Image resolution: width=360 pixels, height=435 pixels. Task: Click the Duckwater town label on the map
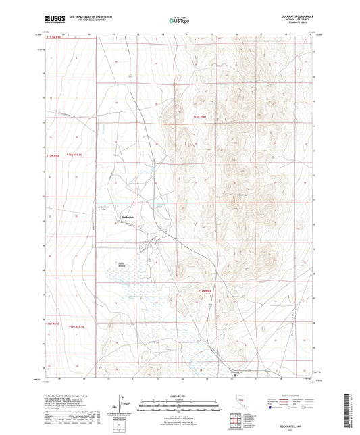pos(128,216)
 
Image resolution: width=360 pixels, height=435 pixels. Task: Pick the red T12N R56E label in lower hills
pos(205,291)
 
